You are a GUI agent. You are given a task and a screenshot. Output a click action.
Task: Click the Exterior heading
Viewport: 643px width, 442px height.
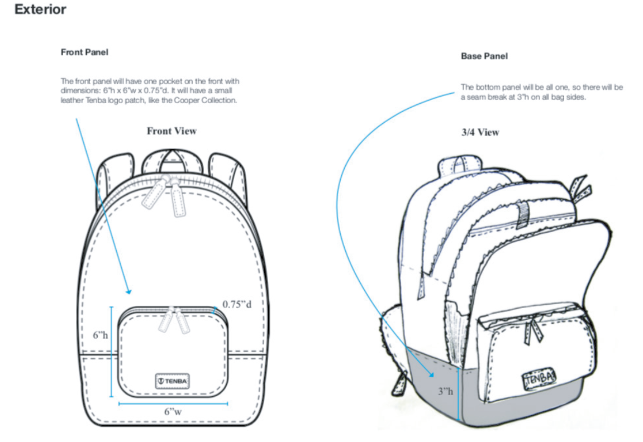[40, 9]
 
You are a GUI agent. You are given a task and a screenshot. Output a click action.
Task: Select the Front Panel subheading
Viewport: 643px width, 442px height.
[84, 52]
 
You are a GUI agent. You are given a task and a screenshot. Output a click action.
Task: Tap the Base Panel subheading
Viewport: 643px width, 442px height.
[484, 56]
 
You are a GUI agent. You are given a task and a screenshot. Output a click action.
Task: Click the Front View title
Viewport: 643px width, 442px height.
[172, 131]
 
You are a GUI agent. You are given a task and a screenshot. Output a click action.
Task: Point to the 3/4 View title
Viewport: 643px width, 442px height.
[480, 132]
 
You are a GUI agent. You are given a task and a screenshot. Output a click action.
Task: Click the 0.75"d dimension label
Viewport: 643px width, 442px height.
[237, 304]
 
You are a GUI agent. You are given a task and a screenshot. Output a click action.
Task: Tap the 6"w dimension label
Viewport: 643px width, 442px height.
[173, 411]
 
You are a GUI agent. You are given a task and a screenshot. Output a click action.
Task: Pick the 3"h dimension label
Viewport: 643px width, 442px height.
[445, 391]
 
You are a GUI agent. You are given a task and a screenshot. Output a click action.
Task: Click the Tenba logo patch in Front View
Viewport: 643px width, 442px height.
[173, 381]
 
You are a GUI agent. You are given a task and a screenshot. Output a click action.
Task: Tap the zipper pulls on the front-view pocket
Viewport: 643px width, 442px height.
[173, 320]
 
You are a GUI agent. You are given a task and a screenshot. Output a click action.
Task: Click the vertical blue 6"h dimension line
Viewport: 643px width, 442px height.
[112, 352]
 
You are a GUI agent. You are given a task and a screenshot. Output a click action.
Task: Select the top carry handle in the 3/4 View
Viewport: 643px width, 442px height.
[461, 163]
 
